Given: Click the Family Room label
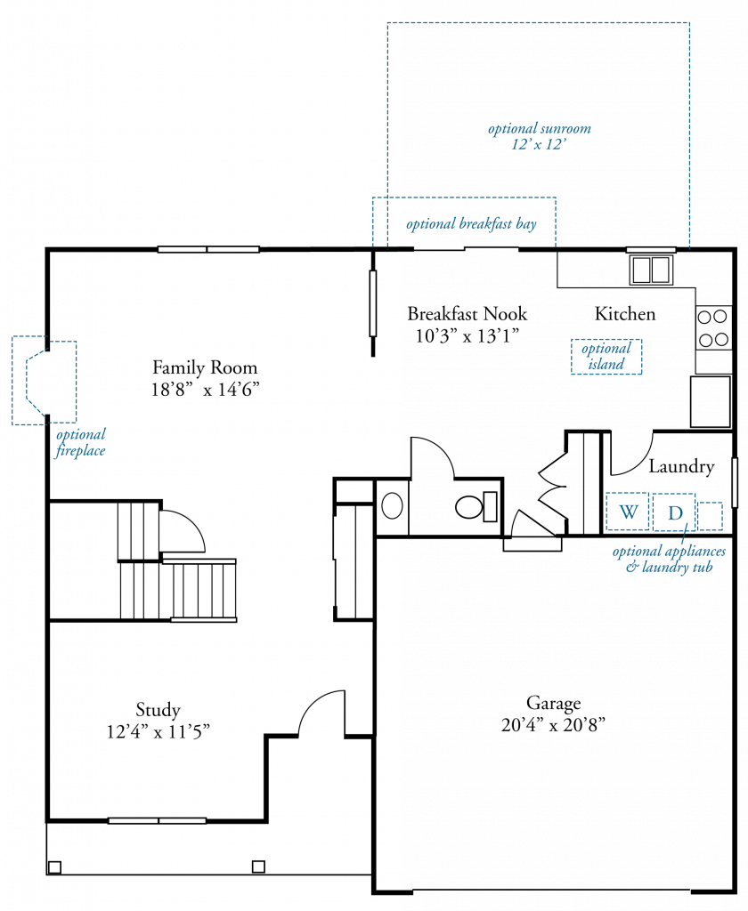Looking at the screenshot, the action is coord(205,367).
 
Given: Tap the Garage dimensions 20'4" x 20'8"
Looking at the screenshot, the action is coord(553,725).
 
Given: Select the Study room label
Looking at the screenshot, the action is coord(158,709).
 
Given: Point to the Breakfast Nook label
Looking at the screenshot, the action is coord(467,314).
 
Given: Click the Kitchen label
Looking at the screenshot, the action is coord(625,314).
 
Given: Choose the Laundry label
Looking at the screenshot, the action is coord(681,466).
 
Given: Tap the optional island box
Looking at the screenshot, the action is coord(606,356).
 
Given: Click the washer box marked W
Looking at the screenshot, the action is coord(628,512).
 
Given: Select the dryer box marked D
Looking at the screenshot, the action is coord(673,512).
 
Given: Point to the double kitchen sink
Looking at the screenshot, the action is coord(652,270).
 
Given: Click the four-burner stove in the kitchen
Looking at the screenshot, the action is coord(713,328).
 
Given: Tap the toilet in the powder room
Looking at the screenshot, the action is coord(476,506).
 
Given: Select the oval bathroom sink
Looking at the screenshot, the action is coord(392,505).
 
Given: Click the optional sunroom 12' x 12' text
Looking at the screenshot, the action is coord(540,136).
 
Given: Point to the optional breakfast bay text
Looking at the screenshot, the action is coord(471,223).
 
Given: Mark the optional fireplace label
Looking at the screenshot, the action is coord(80,442).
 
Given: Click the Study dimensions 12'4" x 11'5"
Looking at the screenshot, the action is coord(158,731).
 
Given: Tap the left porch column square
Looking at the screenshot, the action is coord(54,867).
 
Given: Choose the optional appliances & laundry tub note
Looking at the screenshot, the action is coord(669,559).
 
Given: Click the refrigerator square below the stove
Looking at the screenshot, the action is coord(711,401).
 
